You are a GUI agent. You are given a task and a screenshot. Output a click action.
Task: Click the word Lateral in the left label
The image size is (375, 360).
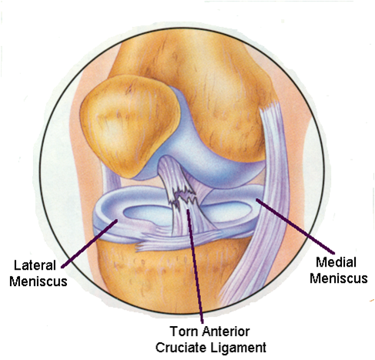click(x=35, y=265)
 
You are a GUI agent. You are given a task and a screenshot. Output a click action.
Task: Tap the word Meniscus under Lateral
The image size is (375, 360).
click(x=39, y=281)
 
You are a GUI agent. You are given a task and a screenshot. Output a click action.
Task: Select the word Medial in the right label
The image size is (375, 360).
click(x=336, y=262)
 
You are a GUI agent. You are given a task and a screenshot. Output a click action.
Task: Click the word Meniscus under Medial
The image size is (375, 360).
click(x=339, y=278)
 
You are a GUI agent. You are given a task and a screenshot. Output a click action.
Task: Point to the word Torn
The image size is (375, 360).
click(x=184, y=331)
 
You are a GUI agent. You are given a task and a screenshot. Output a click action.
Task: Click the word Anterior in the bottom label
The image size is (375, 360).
click(x=226, y=331)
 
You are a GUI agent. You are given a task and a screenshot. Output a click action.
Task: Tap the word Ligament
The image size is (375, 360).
click(x=239, y=348)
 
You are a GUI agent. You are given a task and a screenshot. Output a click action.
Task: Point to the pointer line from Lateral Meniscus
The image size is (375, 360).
click(x=89, y=244)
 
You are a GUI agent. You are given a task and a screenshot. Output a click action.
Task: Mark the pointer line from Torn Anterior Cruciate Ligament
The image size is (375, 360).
click(x=195, y=266)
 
